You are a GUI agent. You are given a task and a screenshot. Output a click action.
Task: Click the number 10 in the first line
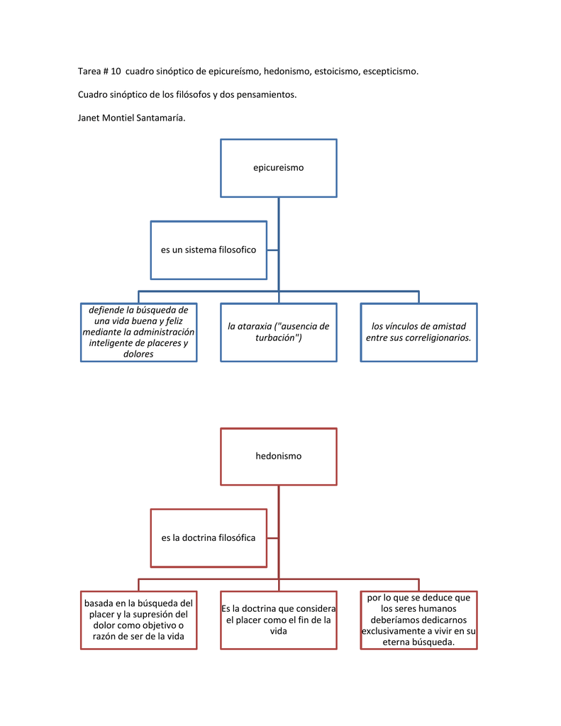(x=116, y=72)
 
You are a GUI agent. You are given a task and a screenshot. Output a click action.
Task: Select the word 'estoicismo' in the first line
(x=336, y=72)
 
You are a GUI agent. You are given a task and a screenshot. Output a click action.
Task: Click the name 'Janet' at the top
(x=89, y=118)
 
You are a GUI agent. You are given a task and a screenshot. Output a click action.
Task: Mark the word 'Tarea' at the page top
(x=89, y=72)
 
